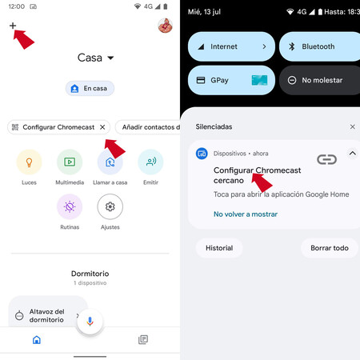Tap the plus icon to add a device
(13, 26)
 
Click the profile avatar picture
(165, 26)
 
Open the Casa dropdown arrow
(110, 58)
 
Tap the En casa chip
(90, 88)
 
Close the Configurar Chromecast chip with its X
(102, 127)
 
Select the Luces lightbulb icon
(29, 162)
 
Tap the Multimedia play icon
(70, 162)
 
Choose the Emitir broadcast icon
(150, 162)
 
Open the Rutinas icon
(70, 206)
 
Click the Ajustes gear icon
(110, 206)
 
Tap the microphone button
(90, 322)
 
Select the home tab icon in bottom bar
(37, 340)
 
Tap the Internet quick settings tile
(231, 46)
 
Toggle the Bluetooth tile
(320, 46)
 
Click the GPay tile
(231, 80)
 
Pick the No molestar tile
(320, 80)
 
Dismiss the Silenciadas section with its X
(353, 126)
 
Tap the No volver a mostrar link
(246, 214)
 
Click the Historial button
(219, 248)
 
